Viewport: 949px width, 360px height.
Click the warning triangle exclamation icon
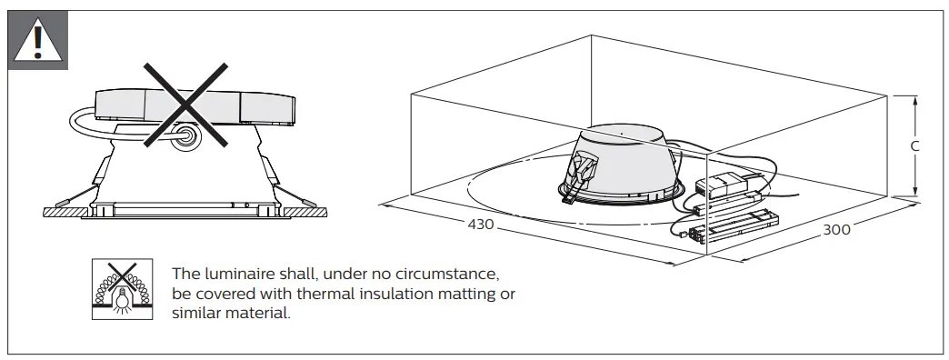pos(37,41)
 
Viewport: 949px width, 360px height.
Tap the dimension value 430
pos(481,225)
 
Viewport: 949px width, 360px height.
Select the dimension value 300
pos(836,229)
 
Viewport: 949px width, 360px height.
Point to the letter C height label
pos(915,145)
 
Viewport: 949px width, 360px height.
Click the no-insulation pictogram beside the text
pos(122,289)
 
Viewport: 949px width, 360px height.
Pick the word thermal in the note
pos(332,294)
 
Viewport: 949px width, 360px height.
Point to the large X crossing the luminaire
pos(185,105)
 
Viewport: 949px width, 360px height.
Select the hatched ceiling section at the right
pos(305,212)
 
